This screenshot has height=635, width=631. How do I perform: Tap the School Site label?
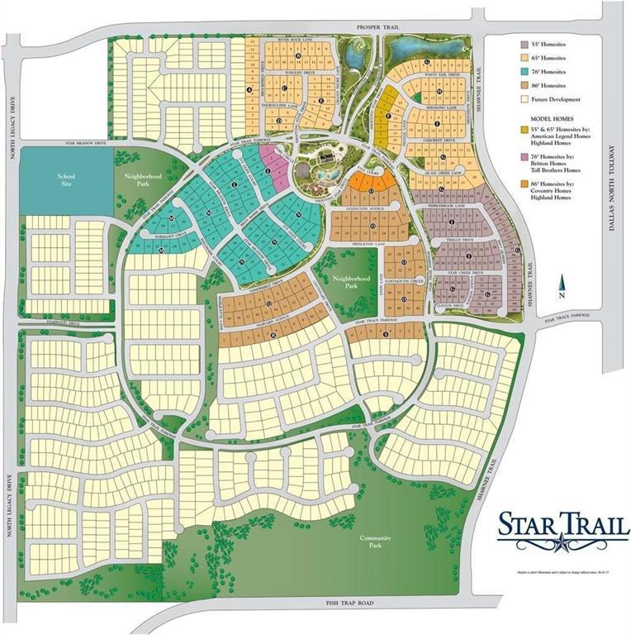pyautogui.click(x=66, y=179)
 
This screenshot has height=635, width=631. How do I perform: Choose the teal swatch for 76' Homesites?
pyautogui.click(x=524, y=72)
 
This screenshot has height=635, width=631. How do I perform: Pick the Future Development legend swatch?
pyautogui.click(x=524, y=100)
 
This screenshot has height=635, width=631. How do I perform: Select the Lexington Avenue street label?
pyautogui.click(x=360, y=212)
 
